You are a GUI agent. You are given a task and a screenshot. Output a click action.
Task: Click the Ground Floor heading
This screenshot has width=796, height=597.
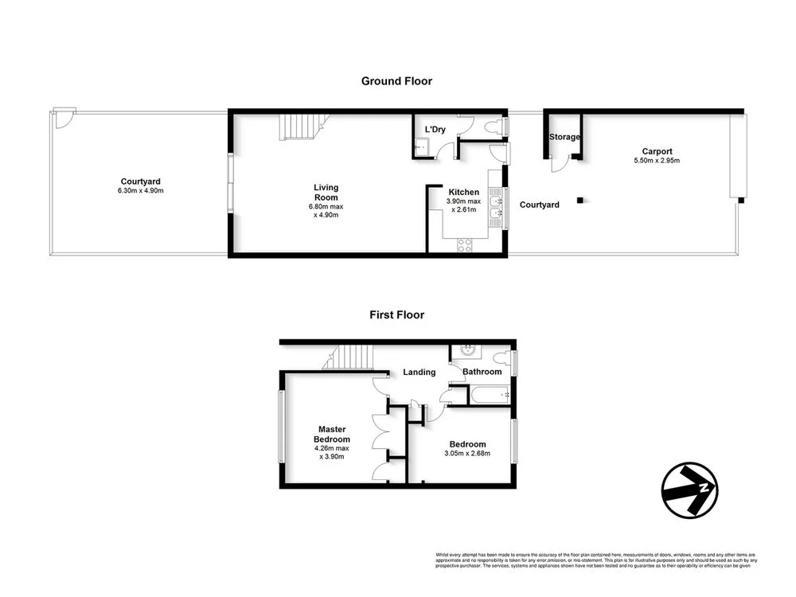[x=396, y=81]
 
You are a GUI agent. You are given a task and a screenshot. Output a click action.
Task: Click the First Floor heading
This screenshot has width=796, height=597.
[x=396, y=315]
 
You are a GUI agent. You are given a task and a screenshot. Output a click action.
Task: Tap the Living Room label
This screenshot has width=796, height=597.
[x=326, y=193]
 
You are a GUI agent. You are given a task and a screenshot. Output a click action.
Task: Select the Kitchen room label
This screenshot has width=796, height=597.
[x=463, y=193]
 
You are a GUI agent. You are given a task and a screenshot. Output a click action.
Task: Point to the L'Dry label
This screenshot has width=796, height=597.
[x=435, y=130]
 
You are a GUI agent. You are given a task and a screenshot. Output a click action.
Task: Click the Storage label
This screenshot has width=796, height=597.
[x=564, y=138]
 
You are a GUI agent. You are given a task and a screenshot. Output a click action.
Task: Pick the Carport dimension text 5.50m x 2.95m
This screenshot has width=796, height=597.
[x=657, y=161]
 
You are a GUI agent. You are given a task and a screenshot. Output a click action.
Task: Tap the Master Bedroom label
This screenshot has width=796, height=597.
[x=332, y=435]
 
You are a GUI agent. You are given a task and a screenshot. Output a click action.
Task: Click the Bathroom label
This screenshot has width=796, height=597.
[x=482, y=372]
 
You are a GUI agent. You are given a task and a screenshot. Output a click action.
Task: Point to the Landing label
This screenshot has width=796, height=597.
[x=419, y=372]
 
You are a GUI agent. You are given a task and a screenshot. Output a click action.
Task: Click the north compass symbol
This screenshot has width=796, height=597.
[x=690, y=490]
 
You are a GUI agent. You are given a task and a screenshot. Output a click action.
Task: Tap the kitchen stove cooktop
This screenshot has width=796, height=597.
[x=464, y=246]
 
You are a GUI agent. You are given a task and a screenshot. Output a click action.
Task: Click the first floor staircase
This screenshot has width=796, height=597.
[x=351, y=357]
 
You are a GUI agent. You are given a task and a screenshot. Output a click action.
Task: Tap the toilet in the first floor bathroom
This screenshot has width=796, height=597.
[x=503, y=357]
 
